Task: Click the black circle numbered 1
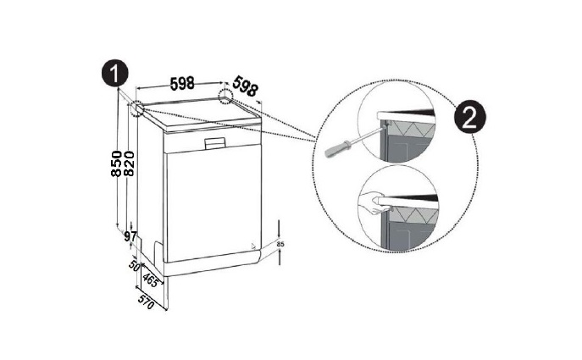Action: point(114,73)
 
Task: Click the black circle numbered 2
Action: point(470,117)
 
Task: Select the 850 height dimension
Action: point(117,163)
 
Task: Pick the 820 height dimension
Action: point(129,163)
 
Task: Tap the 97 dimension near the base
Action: point(130,236)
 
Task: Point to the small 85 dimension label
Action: point(280,244)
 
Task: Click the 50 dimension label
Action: point(134,265)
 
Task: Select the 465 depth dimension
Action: point(150,280)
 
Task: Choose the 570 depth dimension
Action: point(146,302)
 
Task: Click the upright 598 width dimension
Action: point(182,84)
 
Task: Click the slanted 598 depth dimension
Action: point(245,86)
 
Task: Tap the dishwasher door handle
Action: point(215,143)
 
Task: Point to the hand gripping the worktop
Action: point(374,202)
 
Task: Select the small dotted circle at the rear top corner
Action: point(225,96)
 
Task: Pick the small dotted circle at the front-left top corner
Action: point(137,108)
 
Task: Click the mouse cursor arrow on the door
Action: point(253,246)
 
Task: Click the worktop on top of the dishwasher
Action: point(201,114)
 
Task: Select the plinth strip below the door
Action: point(213,264)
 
